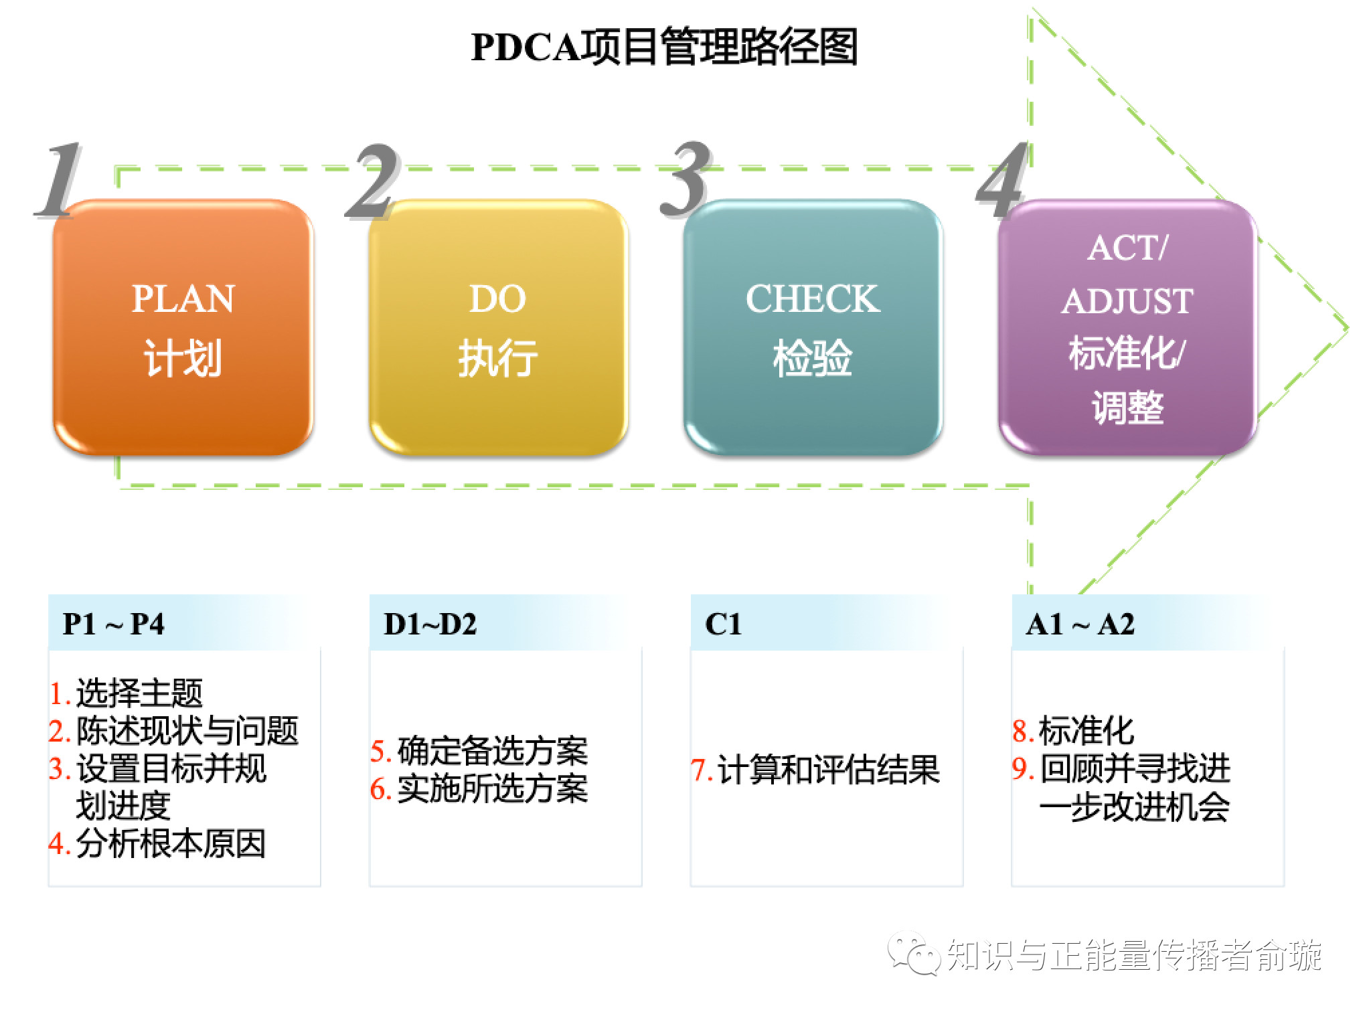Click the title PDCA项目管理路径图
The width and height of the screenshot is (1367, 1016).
click(x=664, y=47)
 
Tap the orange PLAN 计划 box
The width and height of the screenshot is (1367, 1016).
click(x=183, y=328)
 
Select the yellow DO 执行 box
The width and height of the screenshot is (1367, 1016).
click(x=498, y=328)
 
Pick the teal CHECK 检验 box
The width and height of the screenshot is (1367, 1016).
click(x=812, y=328)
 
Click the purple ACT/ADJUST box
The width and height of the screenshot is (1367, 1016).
click(x=1127, y=328)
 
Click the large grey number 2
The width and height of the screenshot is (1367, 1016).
click(x=373, y=181)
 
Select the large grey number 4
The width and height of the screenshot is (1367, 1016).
click(x=1001, y=181)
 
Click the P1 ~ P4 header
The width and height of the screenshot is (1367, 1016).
click(x=114, y=624)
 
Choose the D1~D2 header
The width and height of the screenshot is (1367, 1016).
click(x=430, y=624)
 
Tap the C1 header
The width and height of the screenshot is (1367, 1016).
click(x=723, y=624)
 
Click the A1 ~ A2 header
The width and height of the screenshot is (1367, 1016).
click(x=1080, y=624)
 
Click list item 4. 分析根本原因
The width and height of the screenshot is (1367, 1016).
click(x=158, y=843)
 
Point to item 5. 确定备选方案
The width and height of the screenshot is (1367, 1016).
click(x=479, y=751)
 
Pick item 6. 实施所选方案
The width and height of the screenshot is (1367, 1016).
click(x=479, y=789)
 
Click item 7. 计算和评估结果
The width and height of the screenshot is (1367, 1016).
click(x=815, y=770)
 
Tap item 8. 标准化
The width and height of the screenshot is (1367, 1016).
click(x=1073, y=731)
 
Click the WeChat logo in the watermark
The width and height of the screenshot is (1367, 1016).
click(x=914, y=954)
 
